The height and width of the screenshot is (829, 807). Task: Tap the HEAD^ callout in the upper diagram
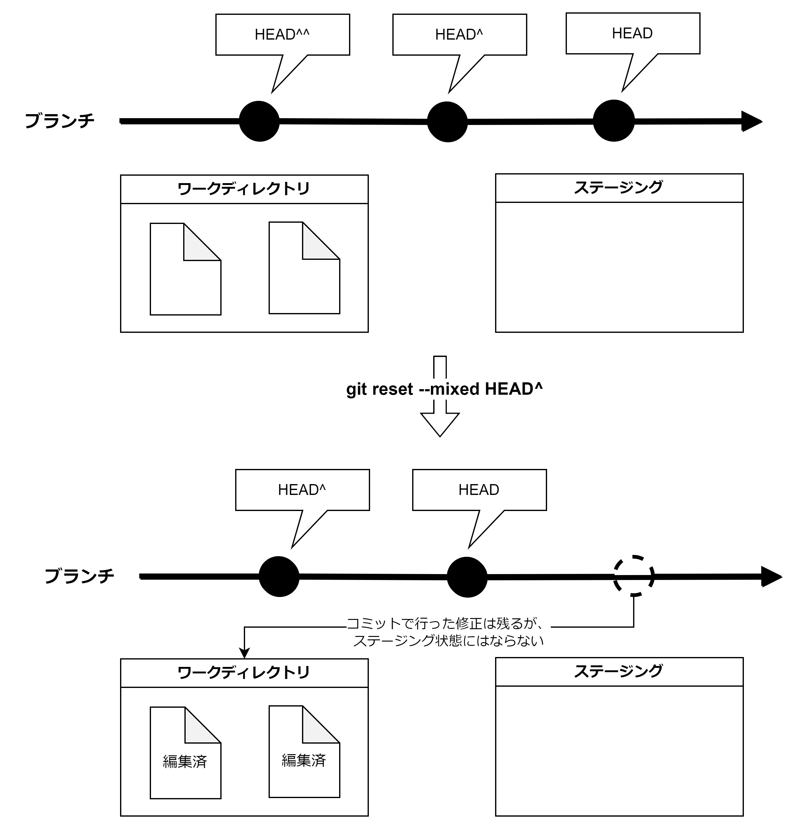[x=460, y=35]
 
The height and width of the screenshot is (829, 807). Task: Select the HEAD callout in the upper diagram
[x=632, y=33]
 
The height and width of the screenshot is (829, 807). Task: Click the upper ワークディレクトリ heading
[x=244, y=189]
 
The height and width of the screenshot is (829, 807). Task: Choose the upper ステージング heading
[x=619, y=188]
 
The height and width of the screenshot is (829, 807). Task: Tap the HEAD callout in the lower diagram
[x=479, y=490]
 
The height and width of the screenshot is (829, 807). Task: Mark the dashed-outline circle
[x=632, y=576]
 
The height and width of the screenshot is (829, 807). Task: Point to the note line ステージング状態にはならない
[x=448, y=641]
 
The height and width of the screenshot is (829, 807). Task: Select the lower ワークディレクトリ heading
[x=244, y=673]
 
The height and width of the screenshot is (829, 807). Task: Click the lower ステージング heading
[x=619, y=672]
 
